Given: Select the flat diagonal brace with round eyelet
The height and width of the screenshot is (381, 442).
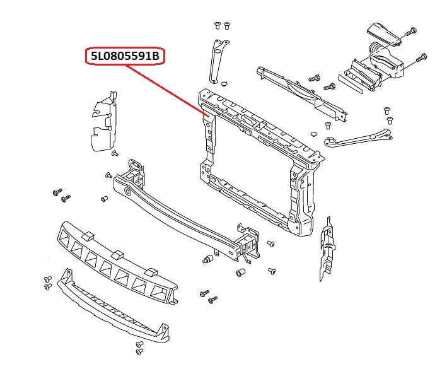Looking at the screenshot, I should pos(356,137).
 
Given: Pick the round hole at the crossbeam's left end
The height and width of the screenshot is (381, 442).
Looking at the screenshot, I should pos(129,190).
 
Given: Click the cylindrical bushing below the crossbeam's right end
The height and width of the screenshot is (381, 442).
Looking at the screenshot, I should pos(240,273).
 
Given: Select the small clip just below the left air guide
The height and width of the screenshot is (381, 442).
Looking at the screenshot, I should pos(114,153).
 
